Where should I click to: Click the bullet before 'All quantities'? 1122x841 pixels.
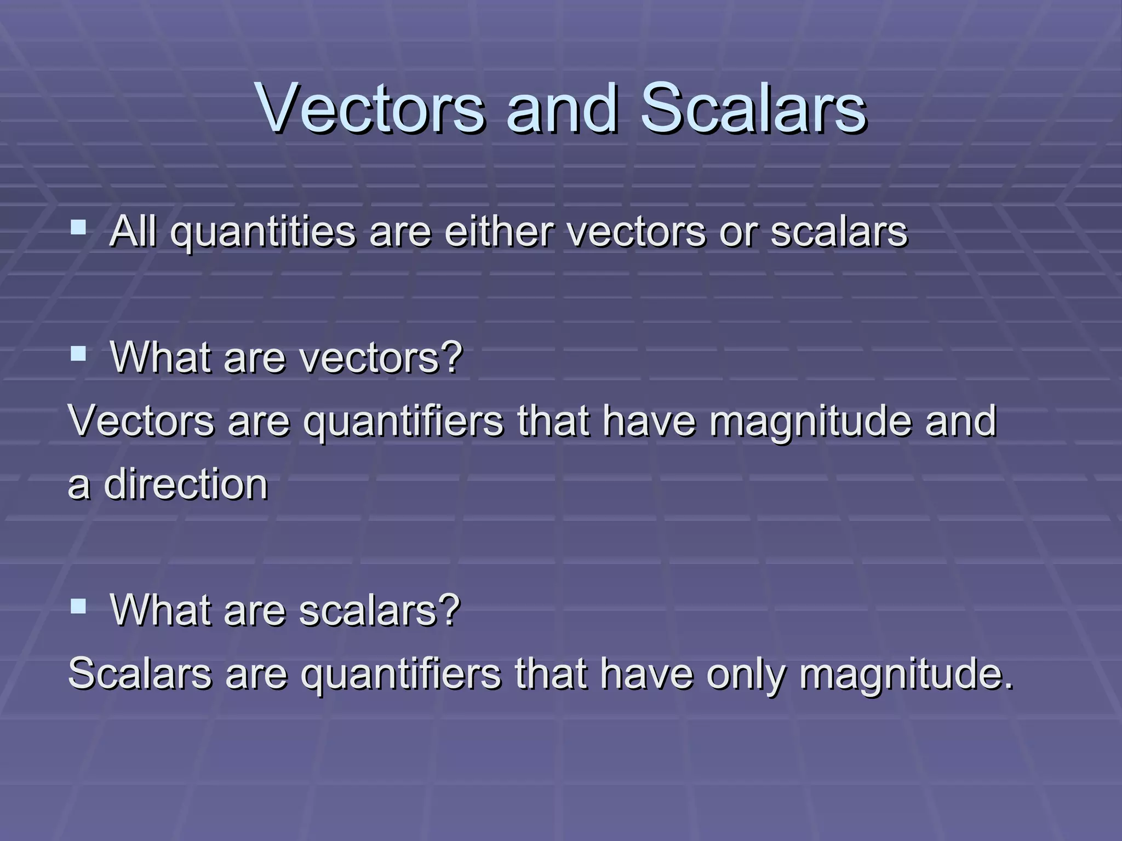click(78, 226)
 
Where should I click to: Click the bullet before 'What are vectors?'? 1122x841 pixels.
click(78, 353)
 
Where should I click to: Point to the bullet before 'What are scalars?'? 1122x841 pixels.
click(78, 606)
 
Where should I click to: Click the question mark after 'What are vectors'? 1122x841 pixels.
click(451, 357)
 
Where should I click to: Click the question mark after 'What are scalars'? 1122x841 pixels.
click(449, 609)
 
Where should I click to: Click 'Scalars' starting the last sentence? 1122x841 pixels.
click(140, 673)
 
